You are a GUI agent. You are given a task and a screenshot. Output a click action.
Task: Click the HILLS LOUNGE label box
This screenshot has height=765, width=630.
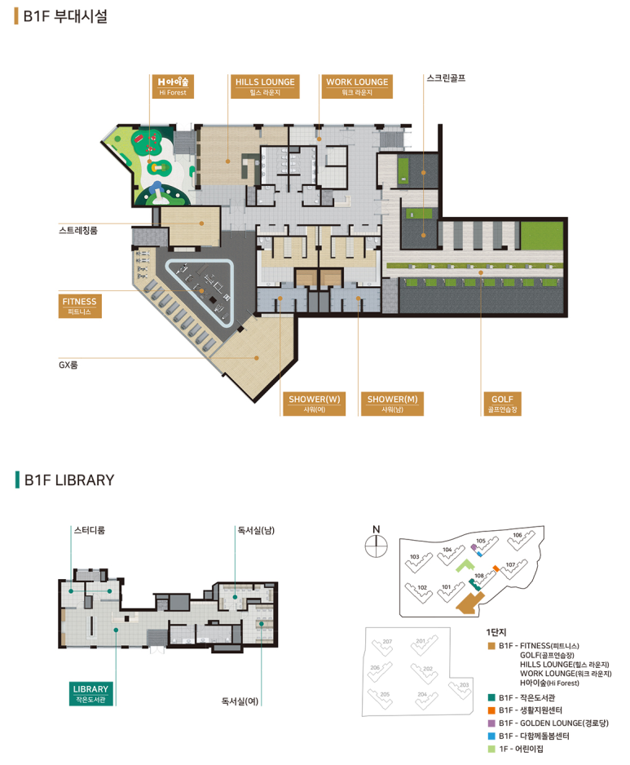265,86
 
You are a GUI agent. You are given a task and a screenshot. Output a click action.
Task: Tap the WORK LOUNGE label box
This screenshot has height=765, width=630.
357,86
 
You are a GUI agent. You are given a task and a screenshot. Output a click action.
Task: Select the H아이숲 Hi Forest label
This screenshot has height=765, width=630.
173,86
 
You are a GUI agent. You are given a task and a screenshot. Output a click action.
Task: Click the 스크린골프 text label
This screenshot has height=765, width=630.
446,78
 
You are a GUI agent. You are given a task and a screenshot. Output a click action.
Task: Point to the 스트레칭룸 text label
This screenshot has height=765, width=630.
78,230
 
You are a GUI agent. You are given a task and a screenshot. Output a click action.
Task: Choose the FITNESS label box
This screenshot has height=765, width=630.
80,306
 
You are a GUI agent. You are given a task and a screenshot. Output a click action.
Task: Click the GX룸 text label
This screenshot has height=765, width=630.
68,365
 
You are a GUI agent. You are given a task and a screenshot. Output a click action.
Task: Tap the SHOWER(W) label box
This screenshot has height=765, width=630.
314,404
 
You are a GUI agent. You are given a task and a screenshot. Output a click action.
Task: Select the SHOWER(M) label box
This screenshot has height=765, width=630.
392,404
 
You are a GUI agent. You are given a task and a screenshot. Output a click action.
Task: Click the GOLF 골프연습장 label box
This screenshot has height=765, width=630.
502,404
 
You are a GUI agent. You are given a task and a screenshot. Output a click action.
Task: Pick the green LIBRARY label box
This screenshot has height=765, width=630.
90,693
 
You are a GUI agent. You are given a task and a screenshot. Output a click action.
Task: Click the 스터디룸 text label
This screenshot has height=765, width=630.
89,530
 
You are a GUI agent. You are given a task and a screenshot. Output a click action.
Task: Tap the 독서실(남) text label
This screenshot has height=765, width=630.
256,530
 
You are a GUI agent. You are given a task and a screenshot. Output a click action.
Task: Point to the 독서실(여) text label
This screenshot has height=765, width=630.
240,701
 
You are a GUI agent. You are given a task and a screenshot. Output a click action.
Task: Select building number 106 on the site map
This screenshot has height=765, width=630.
518,535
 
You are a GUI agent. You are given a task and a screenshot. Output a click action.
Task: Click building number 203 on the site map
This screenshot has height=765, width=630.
465,685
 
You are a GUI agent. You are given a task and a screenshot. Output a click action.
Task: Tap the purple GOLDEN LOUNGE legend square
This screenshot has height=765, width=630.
491,723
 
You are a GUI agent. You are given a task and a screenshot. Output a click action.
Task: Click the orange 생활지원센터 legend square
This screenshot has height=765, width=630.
491,710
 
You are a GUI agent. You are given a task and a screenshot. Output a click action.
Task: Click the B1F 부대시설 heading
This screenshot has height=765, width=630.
61,16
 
